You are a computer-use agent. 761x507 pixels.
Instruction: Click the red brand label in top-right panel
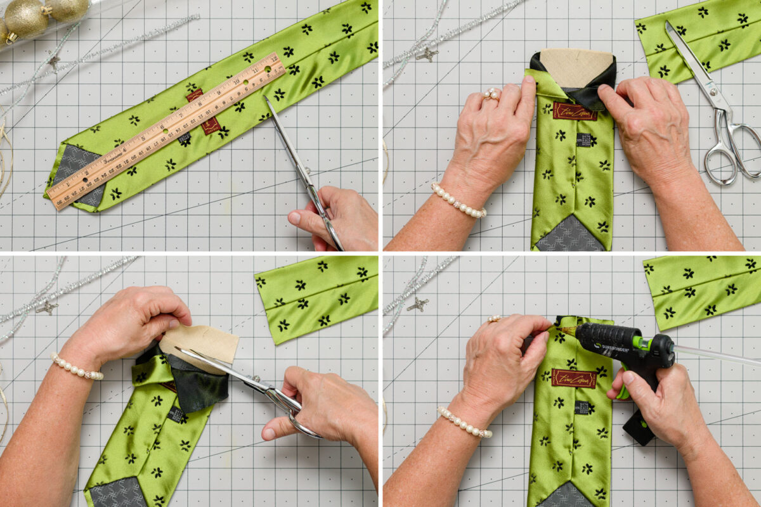click(574, 112)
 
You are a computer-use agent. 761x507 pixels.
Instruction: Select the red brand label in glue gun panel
click(573, 378)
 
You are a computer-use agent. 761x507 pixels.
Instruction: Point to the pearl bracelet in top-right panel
click(458, 202)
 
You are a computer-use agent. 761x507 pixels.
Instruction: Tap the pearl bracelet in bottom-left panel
click(76, 368)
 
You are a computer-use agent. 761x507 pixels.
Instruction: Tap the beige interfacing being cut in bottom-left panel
click(200, 342)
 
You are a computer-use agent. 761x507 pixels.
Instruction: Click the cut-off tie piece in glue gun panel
click(701, 288)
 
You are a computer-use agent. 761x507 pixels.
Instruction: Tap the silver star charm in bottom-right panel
click(417, 304)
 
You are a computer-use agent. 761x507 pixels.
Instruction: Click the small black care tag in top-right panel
click(583, 140)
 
